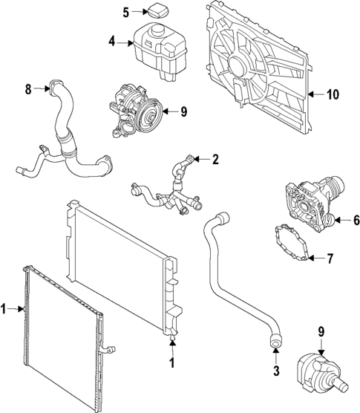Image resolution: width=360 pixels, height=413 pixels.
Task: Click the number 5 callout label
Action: coord(126,12)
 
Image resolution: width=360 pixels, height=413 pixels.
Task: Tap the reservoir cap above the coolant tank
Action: coord(158,11)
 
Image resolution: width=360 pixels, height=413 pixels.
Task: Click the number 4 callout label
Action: coord(111,42)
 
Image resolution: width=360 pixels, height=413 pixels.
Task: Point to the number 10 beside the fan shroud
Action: coord(332,94)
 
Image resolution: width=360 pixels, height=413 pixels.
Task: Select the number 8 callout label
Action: coord(28,90)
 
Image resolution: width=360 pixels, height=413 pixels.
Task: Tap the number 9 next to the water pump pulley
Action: coord(183,112)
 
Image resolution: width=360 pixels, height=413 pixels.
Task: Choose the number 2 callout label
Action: coord(215,159)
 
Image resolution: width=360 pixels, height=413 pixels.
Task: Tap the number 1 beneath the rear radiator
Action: coord(172,362)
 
